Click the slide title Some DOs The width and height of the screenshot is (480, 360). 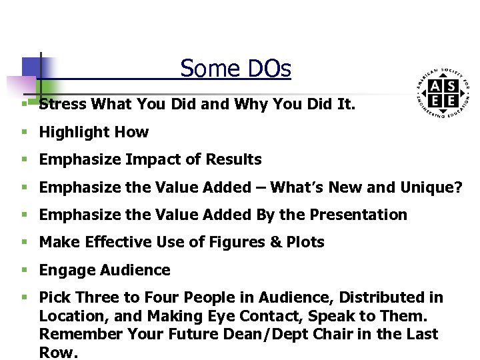click(x=235, y=69)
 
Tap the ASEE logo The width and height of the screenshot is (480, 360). click(x=443, y=94)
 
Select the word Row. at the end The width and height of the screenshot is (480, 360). click(x=58, y=352)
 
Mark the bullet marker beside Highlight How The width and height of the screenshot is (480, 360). click(x=23, y=132)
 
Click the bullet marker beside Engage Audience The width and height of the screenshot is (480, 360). click(x=23, y=270)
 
